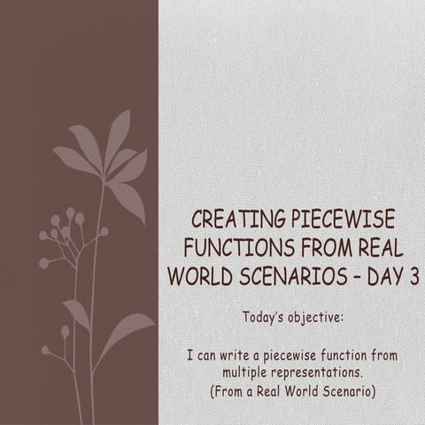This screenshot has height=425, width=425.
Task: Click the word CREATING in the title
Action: coord(238,219)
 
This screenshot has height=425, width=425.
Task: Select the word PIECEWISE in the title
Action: coord(344,219)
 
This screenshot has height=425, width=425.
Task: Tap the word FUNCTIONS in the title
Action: coord(239,248)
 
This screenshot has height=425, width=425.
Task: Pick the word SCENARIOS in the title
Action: coord(293,276)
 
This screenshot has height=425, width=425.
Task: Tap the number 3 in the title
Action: coord(414,276)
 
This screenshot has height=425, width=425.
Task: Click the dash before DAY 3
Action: coord(358,277)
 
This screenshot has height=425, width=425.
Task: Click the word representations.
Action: coord(317,374)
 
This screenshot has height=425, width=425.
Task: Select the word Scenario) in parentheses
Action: coord(350,391)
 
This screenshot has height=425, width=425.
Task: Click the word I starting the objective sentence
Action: coord(190,356)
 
